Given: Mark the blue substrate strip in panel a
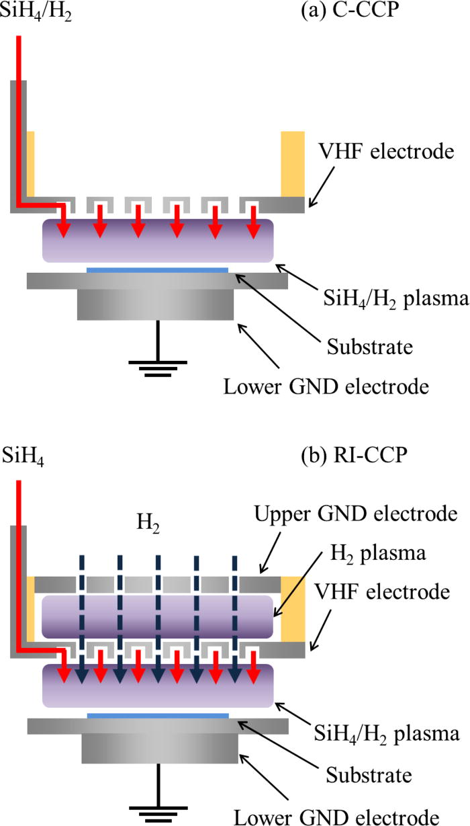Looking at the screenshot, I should pos(157,270).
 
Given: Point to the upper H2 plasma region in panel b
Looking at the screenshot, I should pos(157,616).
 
